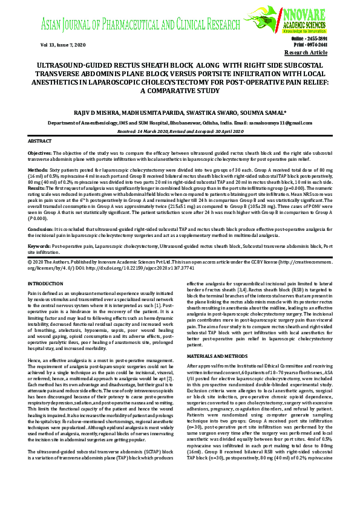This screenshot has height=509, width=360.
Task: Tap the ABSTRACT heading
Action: click(40, 141)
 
